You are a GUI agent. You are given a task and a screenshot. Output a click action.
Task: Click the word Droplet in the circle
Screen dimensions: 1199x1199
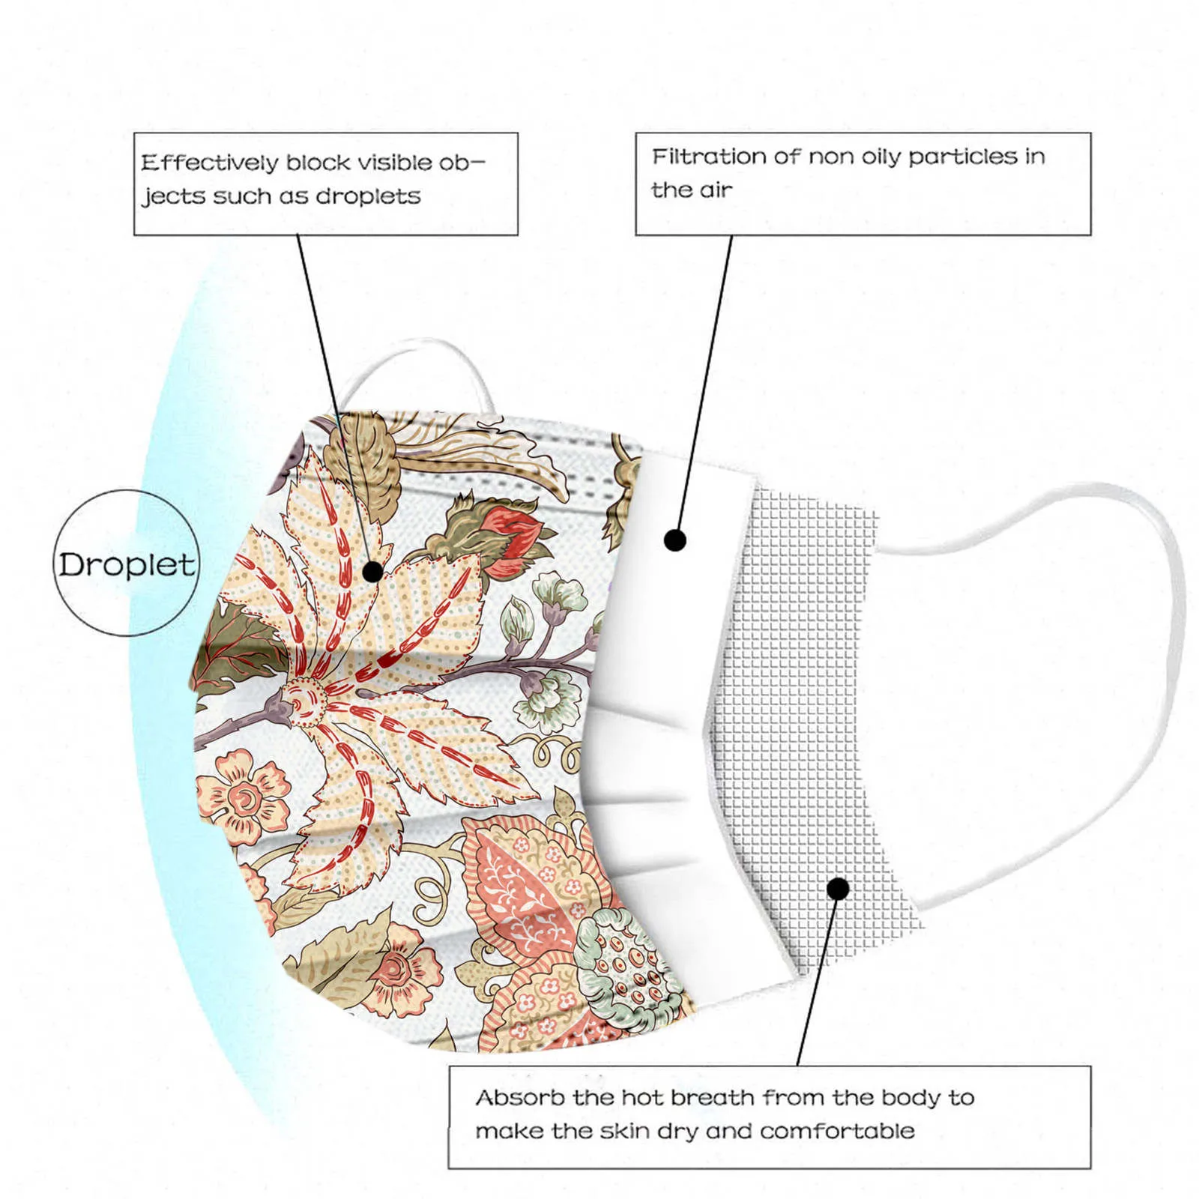point(127,564)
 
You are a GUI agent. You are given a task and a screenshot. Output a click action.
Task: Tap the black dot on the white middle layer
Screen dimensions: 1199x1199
point(675,540)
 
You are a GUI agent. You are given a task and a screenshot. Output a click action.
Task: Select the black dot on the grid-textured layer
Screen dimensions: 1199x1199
point(839,890)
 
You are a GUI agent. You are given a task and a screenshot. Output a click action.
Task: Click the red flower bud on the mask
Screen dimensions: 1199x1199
point(516,536)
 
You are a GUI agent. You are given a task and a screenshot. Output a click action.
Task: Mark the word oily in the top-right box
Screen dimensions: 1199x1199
point(881,157)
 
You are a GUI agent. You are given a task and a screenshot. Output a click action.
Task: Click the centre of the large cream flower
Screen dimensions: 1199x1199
point(305,697)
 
